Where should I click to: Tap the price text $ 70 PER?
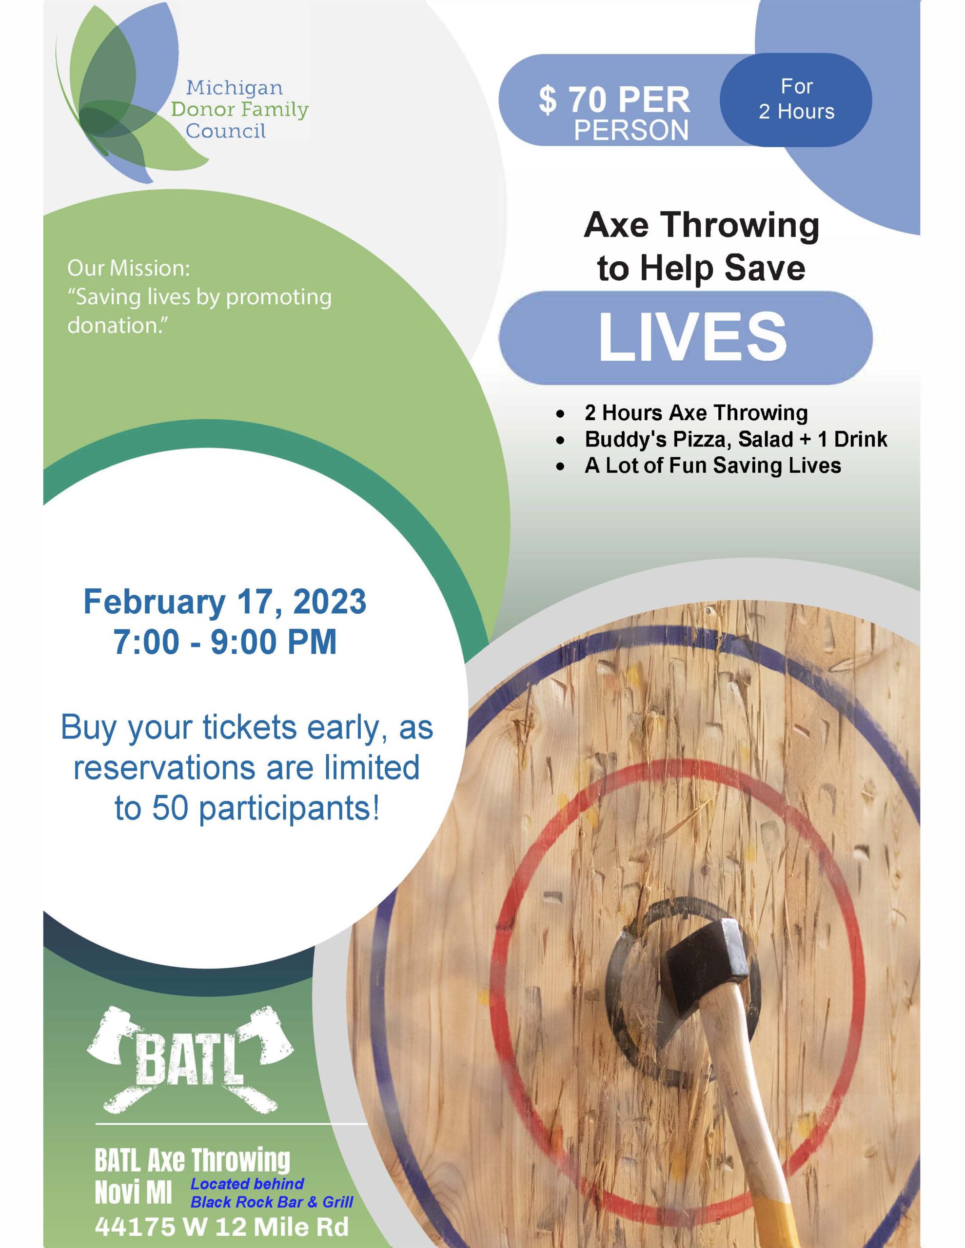point(614,100)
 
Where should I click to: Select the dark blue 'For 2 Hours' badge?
point(796,99)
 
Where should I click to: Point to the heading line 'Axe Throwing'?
point(702,225)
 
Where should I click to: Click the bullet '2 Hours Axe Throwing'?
point(696,412)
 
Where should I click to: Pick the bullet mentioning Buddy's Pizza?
point(736,439)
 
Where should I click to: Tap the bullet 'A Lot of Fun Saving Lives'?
point(712,465)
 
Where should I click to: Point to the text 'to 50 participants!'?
point(247,809)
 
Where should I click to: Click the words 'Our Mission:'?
point(128,268)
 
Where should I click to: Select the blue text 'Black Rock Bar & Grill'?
point(272,1202)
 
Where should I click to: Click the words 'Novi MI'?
point(133,1193)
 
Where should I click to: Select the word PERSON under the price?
point(631,130)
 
